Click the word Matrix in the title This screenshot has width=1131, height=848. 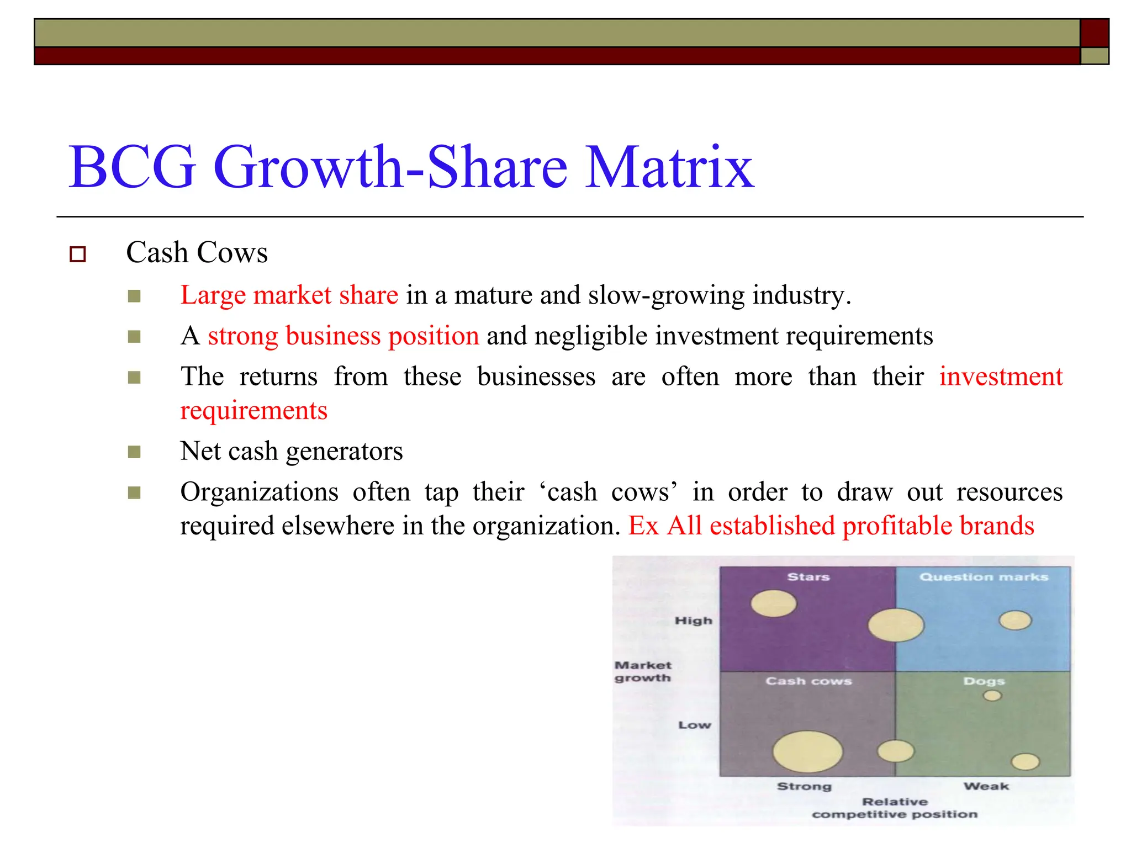point(669,167)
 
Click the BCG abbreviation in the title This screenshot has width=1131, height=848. point(132,167)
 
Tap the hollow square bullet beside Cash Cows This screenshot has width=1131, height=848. point(78,254)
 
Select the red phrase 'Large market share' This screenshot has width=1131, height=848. point(289,295)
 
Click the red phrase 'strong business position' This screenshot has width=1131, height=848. point(343,336)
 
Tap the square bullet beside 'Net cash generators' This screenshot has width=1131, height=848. point(134,453)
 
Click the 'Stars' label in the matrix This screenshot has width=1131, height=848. point(808,577)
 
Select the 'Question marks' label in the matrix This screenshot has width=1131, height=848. point(984,577)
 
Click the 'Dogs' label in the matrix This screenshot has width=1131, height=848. point(984,681)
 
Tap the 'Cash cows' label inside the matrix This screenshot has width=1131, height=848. point(808,681)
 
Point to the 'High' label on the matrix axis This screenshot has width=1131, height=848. point(694,621)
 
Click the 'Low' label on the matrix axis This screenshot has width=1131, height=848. point(695,725)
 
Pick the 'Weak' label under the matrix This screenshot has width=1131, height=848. point(986,786)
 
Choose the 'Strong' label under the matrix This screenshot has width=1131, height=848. point(804,786)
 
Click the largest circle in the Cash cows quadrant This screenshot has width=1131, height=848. point(807,751)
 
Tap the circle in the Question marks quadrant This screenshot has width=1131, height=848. point(1015,620)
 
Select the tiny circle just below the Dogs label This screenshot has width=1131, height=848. point(992,696)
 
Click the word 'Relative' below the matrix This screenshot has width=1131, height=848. point(895,802)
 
